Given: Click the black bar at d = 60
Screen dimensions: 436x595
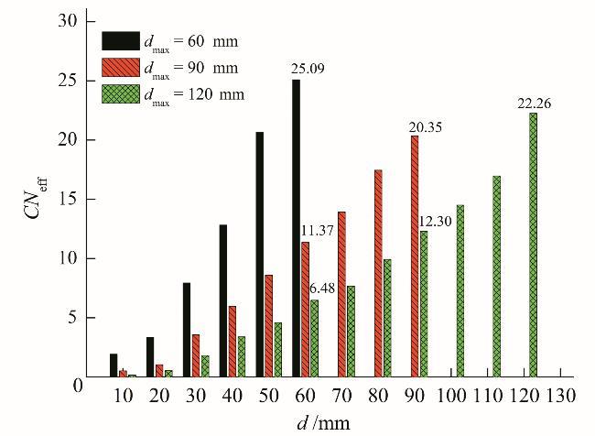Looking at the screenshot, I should [x=296, y=228].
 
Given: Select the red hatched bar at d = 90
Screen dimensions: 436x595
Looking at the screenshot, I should [x=415, y=256].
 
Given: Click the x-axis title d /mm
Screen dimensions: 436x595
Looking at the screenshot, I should [x=323, y=423].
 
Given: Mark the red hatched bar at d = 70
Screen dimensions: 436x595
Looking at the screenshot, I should [x=341, y=294].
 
